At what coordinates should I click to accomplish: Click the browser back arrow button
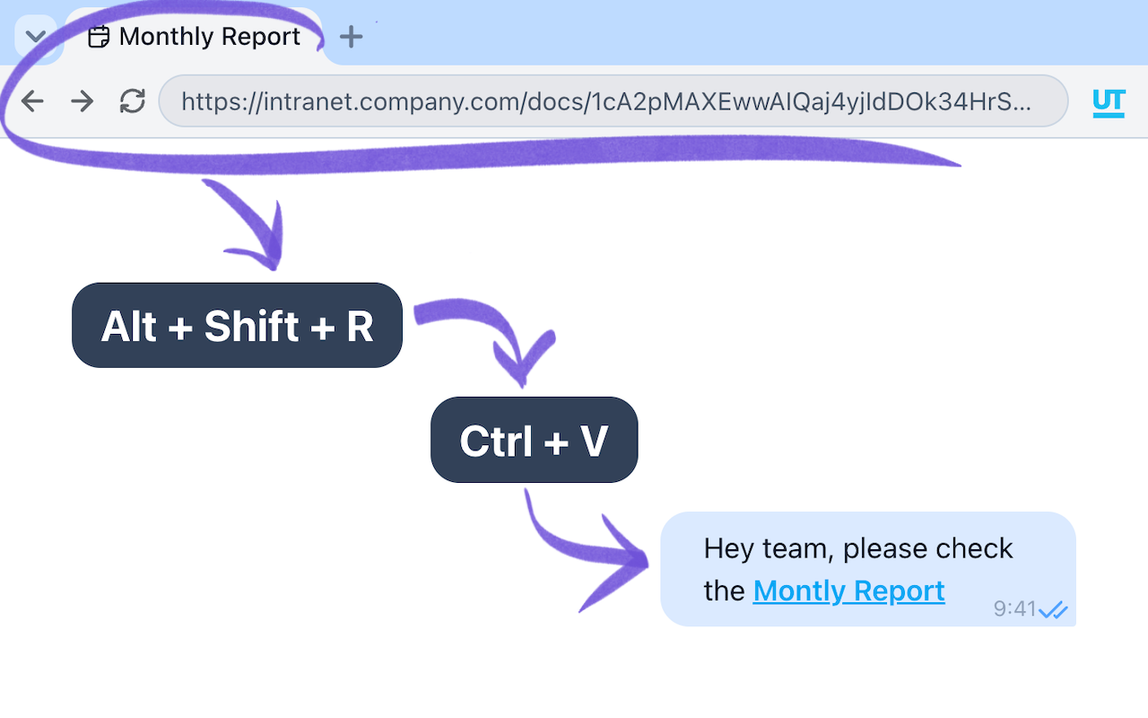coord(32,101)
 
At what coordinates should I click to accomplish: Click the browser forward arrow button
coord(83,101)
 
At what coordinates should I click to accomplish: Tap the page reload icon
coord(133,101)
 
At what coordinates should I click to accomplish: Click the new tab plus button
coord(352,37)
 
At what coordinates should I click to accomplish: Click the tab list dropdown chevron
coord(36,37)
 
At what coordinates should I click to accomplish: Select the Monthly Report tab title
coord(209,37)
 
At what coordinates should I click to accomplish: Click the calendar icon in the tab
coord(99,37)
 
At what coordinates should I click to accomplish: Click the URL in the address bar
coord(605,101)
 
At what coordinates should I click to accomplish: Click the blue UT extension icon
coord(1109,102)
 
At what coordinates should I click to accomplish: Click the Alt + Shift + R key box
coord(237,326)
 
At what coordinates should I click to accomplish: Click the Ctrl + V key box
coord(534,441)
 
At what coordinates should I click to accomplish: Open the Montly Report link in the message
coord(848,591)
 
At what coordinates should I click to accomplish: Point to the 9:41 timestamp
coord(1014,609)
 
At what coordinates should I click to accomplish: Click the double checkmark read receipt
coord(1054,610)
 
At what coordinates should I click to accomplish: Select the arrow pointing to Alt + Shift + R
coord(251,229)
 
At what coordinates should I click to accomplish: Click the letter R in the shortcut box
coord(360,327)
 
